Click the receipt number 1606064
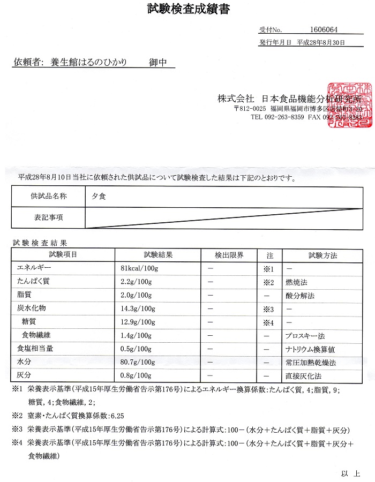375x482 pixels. point(324,30)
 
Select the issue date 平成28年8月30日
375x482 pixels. point(321,42)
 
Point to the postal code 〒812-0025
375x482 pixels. point(251,108)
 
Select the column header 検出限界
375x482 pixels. point(229,255)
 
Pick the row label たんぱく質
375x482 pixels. point(33,282)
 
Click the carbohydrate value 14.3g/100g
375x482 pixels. point(138,309)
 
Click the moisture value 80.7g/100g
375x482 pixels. point(138,363)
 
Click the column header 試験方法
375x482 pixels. point(322,255)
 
